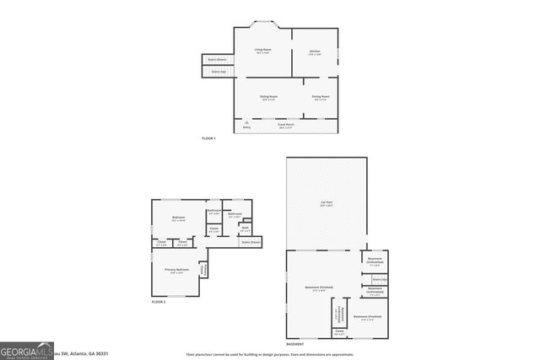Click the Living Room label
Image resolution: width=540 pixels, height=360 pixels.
262,51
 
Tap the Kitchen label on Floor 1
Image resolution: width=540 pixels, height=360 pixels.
315,52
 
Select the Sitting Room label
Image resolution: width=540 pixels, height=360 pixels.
269,98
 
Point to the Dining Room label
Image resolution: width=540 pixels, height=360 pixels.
321,98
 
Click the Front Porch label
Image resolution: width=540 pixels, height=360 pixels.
287,125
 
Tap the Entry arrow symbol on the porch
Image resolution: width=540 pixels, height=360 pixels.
246,124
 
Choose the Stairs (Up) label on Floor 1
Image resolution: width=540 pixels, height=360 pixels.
218,72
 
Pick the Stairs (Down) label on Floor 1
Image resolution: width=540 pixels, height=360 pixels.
217,60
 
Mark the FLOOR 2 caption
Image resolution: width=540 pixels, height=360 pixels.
159,301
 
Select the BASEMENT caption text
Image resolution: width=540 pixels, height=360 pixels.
294,344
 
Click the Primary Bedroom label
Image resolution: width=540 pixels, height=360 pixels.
176,271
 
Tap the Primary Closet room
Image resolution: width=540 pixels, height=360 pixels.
203,269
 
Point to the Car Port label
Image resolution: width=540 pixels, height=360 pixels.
326,205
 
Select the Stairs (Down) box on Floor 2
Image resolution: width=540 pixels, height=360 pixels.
251,242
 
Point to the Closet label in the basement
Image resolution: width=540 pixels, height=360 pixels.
338,333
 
